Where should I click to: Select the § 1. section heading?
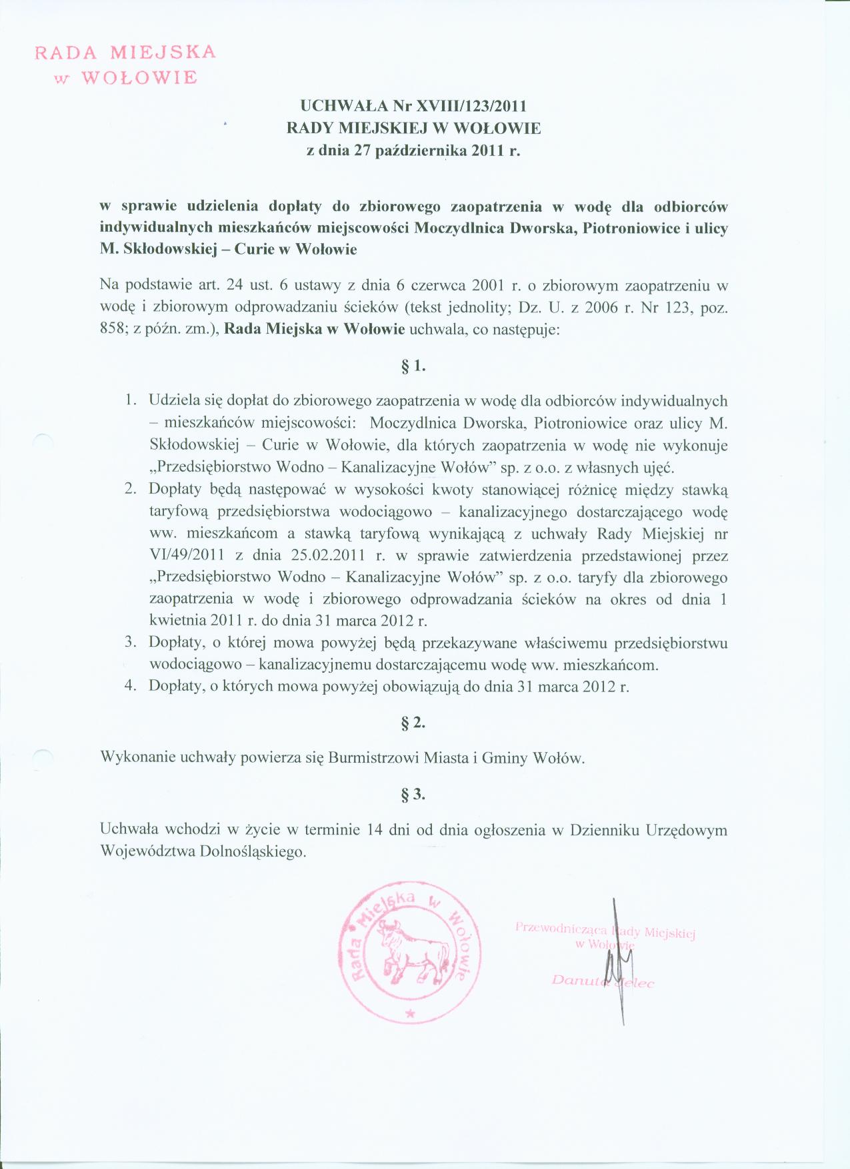click(x=413, y=366)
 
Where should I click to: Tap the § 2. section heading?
click(x=413, y=723)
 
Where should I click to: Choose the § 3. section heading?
click(x=413, y=794)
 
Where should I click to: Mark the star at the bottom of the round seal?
click(x=409, y=1013)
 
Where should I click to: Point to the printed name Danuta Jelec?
click(x=603, y=981)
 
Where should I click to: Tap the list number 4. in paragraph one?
click(x=131, y=686)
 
